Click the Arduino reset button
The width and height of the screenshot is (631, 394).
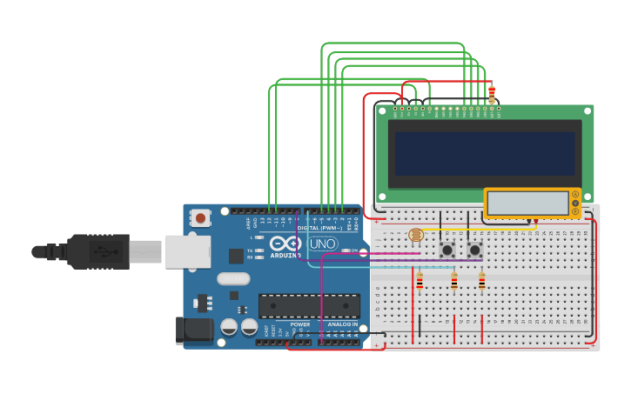pyautogui.click(x=201, y=218)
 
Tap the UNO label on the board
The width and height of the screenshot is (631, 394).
pyautogui.click(x=323, y=244)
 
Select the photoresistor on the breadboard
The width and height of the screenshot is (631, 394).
pyautogui.click(x=416, y=235)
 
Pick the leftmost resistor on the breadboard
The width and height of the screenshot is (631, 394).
pyautogui.click(x=420, y=282)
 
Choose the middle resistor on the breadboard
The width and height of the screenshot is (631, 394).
pyautogui.click(x=454, y=282)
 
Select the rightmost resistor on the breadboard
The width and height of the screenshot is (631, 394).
pyautogui.click(x=482, y=282)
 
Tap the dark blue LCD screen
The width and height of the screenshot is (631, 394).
pyautogui.click(x=484, y=154)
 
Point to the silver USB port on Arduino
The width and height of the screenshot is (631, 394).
pyautogui.click(x=188, y=251)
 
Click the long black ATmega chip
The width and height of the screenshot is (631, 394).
pyautogui.click(x=309, y=305)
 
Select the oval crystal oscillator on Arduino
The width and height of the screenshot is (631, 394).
pyautogui.click(x=233, y=279)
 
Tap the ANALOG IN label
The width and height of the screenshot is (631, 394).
pyautogui.click(x=342, y=324)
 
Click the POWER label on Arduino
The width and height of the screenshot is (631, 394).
pyautogui.click(x=299, y=324)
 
